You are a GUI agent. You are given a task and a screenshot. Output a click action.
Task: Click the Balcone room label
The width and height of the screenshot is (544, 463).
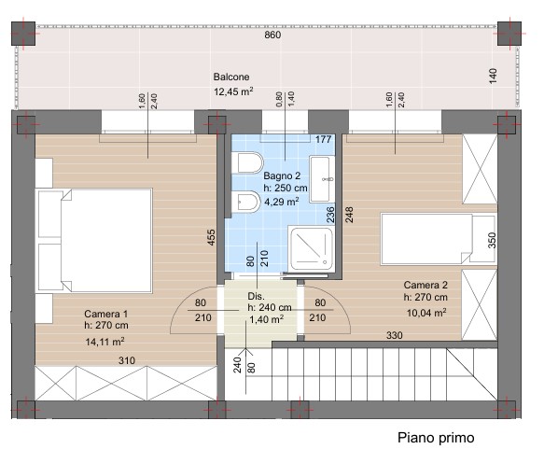[231, 77]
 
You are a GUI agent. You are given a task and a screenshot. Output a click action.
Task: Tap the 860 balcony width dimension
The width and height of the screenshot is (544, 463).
[272, 35]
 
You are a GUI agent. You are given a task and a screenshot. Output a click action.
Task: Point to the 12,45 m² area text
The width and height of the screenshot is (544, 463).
[233, 91]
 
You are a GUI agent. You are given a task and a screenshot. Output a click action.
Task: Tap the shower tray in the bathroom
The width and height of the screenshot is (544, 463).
[312, 248]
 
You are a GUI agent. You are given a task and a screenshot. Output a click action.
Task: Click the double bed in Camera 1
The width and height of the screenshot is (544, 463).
[95, 241]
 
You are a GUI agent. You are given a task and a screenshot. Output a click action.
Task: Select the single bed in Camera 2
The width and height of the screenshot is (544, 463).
[439, 239]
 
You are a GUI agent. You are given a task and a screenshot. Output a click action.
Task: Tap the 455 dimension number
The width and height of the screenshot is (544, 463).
[211, 237]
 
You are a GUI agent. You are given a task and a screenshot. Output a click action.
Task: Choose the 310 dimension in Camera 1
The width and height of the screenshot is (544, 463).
[127, 360]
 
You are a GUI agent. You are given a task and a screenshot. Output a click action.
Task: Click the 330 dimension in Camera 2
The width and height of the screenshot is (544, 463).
[395, 335]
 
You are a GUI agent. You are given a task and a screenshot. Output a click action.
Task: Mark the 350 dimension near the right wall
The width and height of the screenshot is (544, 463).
[492, 240]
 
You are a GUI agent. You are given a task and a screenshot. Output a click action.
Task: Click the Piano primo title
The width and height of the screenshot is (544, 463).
[436, 438]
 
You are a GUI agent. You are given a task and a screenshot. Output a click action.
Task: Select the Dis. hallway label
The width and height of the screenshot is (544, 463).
[256, 296]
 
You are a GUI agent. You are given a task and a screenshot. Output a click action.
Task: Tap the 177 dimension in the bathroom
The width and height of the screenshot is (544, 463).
[324, 139]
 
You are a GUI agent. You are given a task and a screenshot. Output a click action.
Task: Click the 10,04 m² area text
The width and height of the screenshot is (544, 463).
[426, 313]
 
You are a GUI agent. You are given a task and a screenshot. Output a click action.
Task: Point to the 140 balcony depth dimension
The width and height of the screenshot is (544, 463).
[493, 76]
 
